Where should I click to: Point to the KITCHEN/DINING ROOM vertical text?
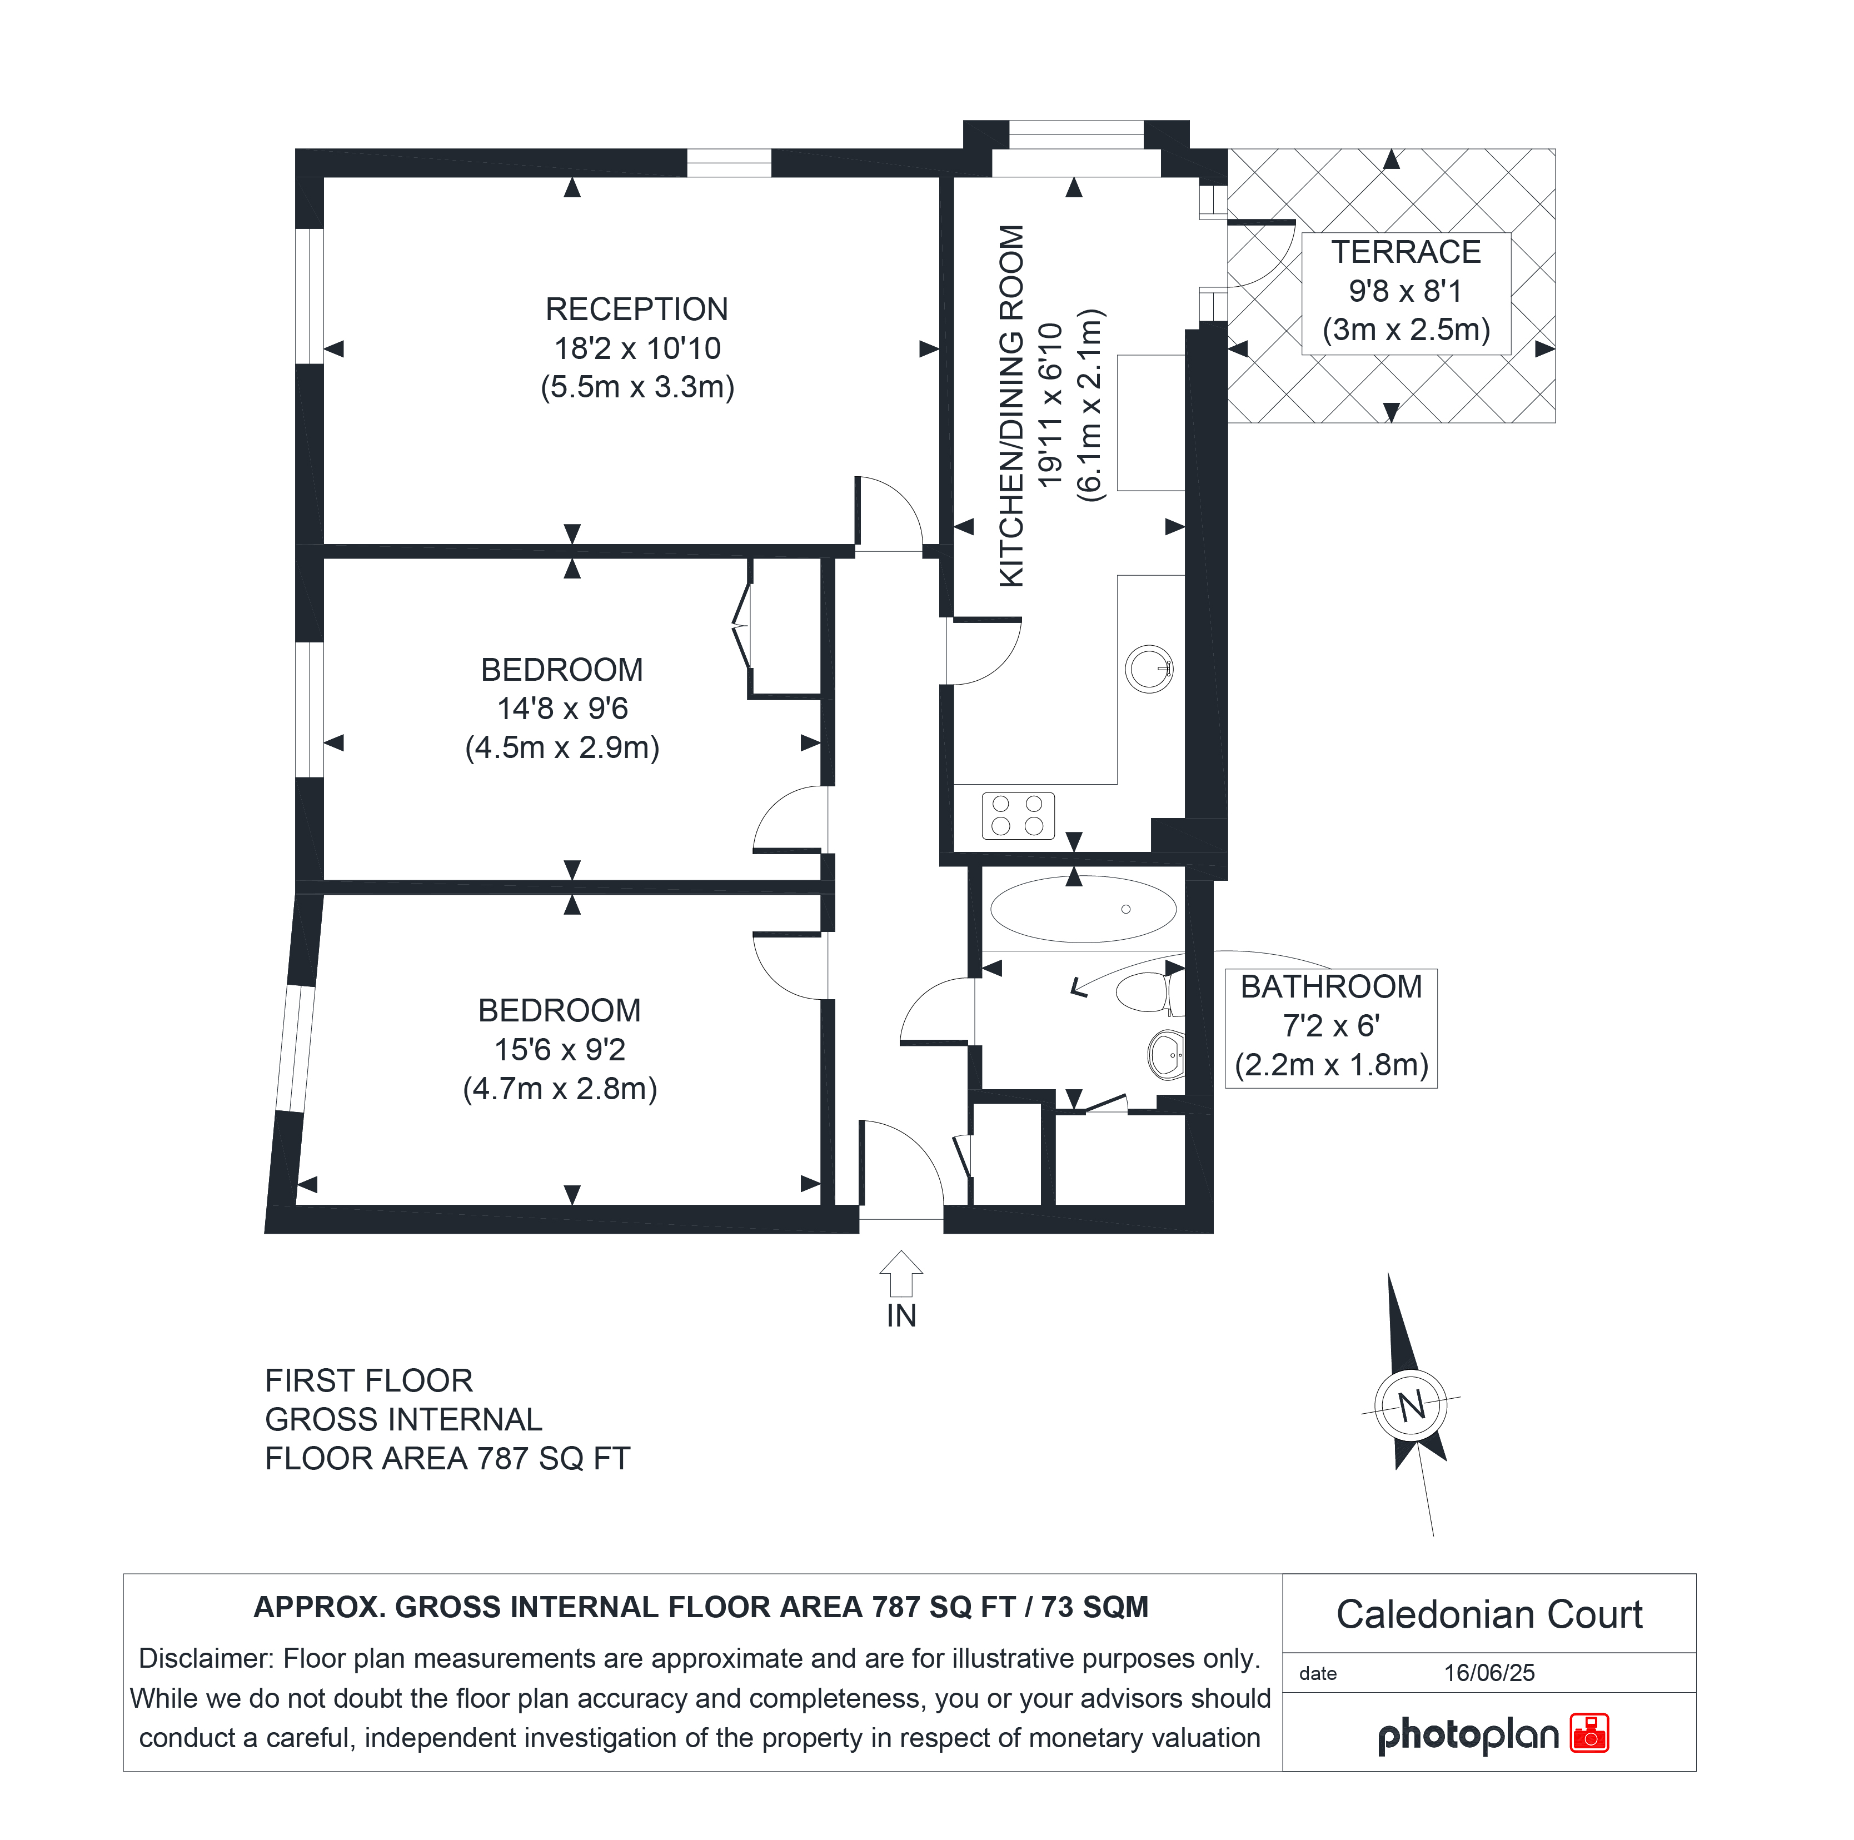pos(1013,406)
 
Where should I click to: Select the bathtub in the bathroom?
pos(1083,909)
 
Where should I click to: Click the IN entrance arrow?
pos(901,1274)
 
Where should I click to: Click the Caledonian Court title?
pos(1489,1614)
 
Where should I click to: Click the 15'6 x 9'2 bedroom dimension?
pos(560,1050)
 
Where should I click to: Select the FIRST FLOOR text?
pos(368,1380)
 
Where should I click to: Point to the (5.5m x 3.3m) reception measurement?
pos(637,387)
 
